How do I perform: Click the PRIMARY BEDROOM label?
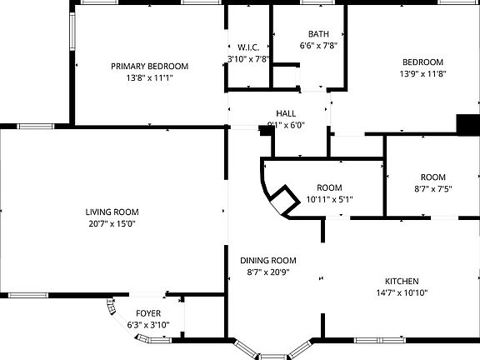tap(150, 66)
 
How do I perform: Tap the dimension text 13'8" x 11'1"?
tap(150, 78)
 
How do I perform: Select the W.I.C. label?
tap(248, 47)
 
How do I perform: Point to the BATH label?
tap(318, 34)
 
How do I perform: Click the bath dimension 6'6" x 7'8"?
tap(318, 47)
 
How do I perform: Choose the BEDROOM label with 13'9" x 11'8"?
tap(423, 62)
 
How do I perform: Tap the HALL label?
tap(286, 113)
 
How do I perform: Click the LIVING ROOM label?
tap(112, 212)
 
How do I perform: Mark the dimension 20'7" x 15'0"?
tap(112, 224)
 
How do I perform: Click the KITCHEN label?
tap(402, 281)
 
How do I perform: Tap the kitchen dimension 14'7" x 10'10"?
tap(402, 293)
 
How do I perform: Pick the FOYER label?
tap(148, 313)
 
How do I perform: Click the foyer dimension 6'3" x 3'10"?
tap(148, 325)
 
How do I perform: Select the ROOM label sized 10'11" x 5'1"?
tap(330, 187)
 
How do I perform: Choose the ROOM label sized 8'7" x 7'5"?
tap(432, 177)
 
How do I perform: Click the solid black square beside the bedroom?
tap(467, 124)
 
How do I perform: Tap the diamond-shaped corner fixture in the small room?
tap(282, 200)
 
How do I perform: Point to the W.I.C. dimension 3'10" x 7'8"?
tap(248, 59)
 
